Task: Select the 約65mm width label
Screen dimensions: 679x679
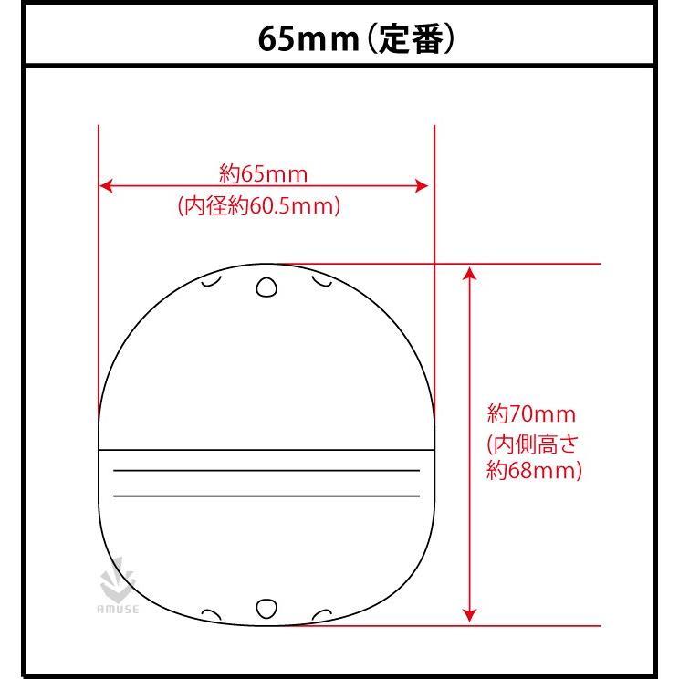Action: [264, 172]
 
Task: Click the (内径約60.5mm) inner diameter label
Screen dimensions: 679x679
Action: [259, 206]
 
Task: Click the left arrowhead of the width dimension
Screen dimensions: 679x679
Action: [106, 186]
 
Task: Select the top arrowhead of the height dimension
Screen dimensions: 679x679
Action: [470, 273]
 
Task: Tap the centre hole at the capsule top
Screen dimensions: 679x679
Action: [266, 288]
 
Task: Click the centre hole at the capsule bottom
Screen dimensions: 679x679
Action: [266, 609]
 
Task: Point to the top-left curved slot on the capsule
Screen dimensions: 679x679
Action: [211, 280]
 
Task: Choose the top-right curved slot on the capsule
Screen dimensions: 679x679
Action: [321, 280]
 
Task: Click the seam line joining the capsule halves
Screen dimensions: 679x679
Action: [265, 450]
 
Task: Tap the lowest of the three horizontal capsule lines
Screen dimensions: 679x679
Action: [265, 496]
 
